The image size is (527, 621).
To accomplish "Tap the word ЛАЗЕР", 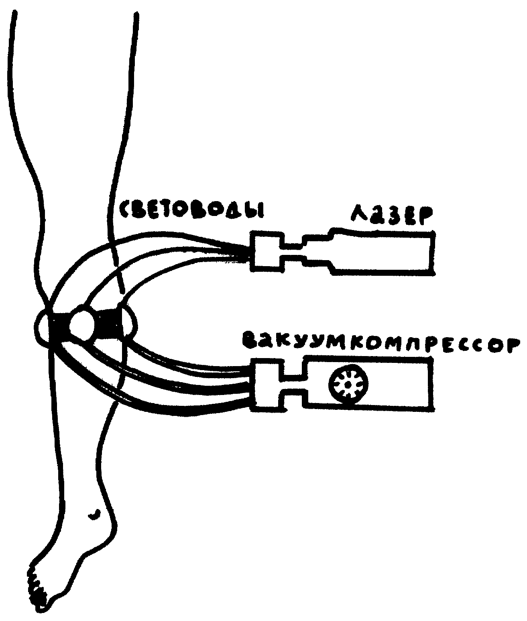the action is pos(391,215).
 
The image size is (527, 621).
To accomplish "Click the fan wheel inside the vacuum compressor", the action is pos(348,385).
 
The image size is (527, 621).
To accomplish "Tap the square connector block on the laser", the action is pos(267,251).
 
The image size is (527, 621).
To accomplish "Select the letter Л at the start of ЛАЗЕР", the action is pos(358,216).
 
